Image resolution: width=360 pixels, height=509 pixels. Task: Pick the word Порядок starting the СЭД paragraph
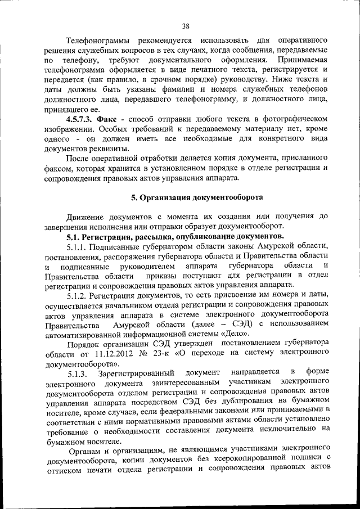click(83, 344)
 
